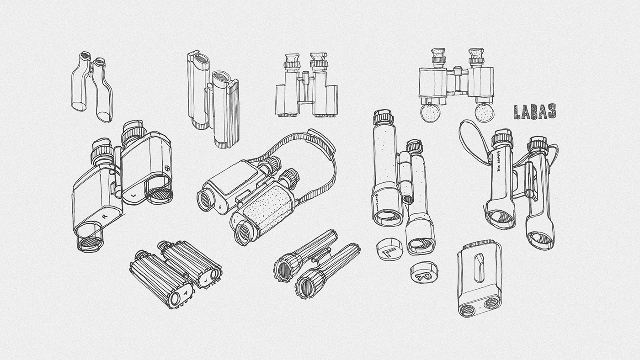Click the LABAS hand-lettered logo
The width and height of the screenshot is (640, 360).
(534, 111)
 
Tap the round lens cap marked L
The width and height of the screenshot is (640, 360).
(389, 249)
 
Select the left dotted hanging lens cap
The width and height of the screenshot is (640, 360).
(430, 113)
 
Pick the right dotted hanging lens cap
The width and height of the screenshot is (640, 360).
(483, 112)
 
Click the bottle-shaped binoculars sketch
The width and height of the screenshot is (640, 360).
(91, 87)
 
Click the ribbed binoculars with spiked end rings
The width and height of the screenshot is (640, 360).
(176, 273)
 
